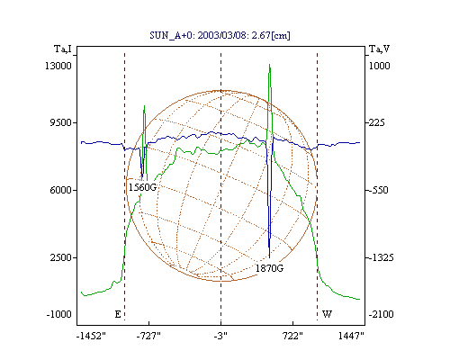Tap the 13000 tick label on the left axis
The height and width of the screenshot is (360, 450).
58,66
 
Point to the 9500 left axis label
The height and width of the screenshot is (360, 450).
60,122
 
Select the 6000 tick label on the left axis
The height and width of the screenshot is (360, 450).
60,190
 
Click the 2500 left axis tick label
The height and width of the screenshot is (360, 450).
60,257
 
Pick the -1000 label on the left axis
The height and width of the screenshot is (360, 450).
58,314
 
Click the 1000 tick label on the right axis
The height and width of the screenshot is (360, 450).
379,66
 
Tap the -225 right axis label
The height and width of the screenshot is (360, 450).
376,122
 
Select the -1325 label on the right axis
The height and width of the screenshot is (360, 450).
381,257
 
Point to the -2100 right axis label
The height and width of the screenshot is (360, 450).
381,314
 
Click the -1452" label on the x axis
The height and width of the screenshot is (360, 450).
91,336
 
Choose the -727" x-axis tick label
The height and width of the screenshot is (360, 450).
148,336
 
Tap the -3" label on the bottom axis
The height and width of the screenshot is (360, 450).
220,336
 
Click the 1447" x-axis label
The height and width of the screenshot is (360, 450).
351,336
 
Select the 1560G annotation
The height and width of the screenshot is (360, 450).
143,187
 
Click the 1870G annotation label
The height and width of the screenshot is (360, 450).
269,268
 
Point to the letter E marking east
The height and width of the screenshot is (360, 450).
118,314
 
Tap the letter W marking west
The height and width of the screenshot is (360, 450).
327,314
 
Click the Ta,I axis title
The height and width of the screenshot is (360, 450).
63,49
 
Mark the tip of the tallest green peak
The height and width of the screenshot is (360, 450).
269,64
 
